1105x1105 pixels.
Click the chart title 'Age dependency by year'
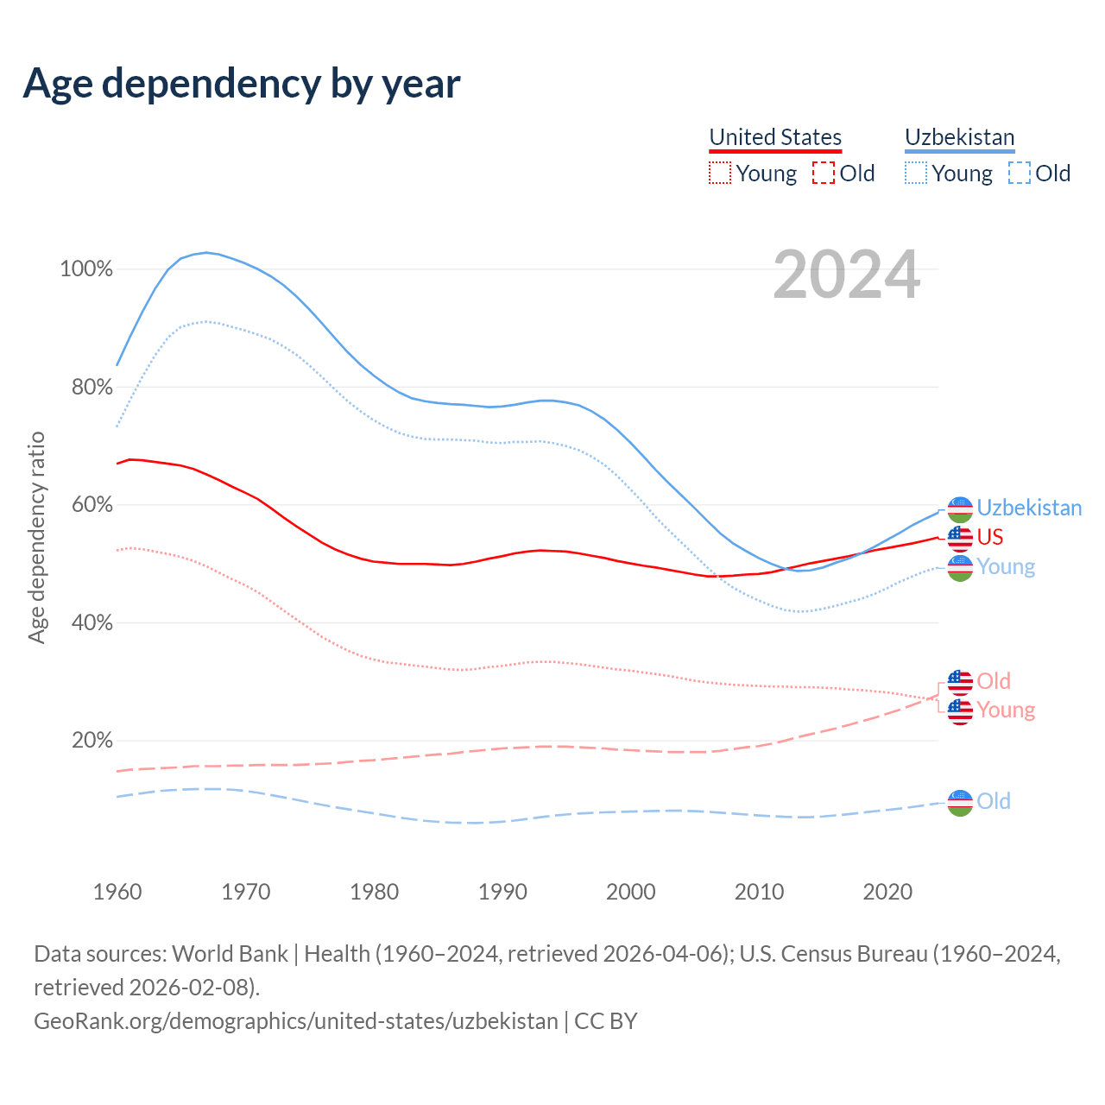point(242,84)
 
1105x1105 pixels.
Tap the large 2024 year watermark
point(846,275)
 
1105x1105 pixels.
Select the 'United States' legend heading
point(775,137)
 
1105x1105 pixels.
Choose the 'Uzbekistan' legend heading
point(959,137)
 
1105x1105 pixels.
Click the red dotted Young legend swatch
point(719,174)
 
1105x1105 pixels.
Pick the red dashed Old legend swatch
point(824,174)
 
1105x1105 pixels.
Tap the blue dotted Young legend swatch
point(915,174)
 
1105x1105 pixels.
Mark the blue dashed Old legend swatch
point(1020,174)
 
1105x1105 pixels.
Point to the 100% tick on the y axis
point(86,269)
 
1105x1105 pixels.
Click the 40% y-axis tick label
point(92,622)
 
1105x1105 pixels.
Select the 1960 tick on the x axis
point(117,892)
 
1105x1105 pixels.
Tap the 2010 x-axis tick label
point(759,892)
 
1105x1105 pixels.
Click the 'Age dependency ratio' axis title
point(36,537)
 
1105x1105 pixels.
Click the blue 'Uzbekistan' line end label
point(1029,508)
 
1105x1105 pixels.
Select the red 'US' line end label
point(990,537)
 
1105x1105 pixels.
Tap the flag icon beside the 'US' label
point(960,538)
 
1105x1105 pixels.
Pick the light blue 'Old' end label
point(994,801)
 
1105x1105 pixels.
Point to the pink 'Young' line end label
point(1006,710)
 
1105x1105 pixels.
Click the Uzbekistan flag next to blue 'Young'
point(960,567)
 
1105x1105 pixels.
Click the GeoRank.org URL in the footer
point(296,1021)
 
